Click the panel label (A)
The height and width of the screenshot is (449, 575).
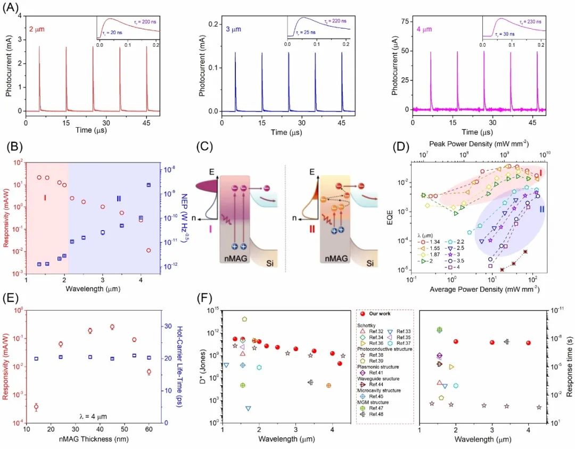(x=12, y=9)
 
